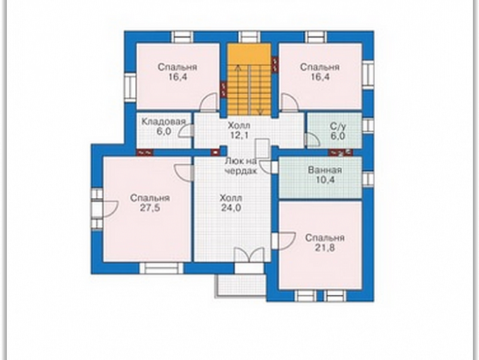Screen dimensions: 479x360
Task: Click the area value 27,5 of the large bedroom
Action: pyautogui.click(x=150, y=208)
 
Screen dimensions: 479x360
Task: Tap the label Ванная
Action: pyautogui.click(x=325, y=170)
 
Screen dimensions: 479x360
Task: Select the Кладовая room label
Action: pyautogui.click(x=164, y=122)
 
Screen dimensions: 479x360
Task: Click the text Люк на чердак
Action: pyautogui.click(x=241, y=166)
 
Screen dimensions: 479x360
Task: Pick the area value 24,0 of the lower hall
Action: pyautogui.click(x=231, y=208)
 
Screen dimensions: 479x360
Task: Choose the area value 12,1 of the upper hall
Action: pyautogui.click(x=239, y=135)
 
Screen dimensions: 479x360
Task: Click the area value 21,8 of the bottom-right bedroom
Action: pyautogui.click(x=325, y=248)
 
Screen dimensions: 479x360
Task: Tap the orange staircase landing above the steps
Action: pyautogui.click(x=249, y=54)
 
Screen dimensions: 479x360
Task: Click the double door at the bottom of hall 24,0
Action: pyautogui.click(x=249, y=254)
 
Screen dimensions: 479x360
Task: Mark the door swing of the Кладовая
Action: pyautogui.click(x=186, y=132)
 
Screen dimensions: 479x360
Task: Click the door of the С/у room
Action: pyautogui.click(x=312, y=140)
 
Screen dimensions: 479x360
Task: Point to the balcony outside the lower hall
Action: pyautogui.click(x=240, y=285)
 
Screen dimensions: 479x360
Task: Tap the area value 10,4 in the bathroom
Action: pyautogui.click(x=325, y=180)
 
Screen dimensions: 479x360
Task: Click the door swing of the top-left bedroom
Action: pyautogui.click(x=208, y=101)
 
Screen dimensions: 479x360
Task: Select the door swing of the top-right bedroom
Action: pyautogui.click(x=289, y=101)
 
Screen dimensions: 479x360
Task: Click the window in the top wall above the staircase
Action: pyautogui.click(x=249, y=37)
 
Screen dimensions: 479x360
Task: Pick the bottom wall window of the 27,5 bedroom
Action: pyautogui.click(x=161, y=268)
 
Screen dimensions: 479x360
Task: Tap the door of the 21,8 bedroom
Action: pyautogui.click(x=284, y=241)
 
